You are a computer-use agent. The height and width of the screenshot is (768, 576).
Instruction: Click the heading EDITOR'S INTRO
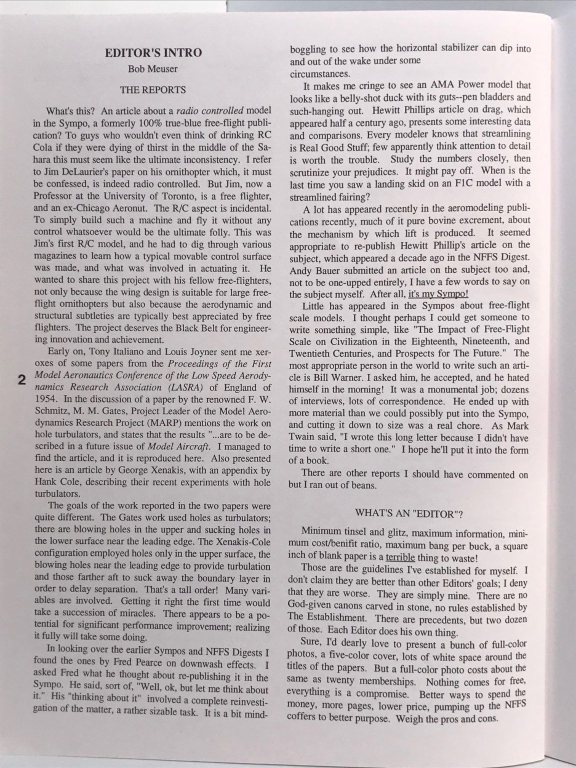click(x=153, y=52)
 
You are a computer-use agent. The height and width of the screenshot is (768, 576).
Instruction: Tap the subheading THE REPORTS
click(x=152, y=90)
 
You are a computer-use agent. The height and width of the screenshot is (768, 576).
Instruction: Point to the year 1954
click(x=44, y=399)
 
